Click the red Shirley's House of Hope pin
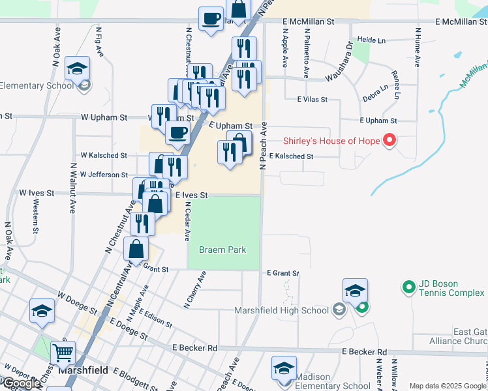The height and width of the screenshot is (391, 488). [x=389, y=139]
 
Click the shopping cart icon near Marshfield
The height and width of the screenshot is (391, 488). [x=63, y=353]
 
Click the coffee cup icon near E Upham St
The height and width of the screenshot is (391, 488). [x=177, y=134]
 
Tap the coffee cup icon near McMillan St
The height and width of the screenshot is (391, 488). [x=211, y=18]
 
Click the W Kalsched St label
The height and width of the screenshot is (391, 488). [x=104, y=155]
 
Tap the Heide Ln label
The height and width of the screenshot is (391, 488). [x=372, y=40]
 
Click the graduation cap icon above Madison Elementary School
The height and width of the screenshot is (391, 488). [x=284, y=368]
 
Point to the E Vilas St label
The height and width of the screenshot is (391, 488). [x=312, y=100]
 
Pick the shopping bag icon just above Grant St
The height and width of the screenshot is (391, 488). [x=136, y=249]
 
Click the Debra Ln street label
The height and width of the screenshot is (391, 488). [x=375, y=92]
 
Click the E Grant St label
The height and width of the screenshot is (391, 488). [x=282, y=273]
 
